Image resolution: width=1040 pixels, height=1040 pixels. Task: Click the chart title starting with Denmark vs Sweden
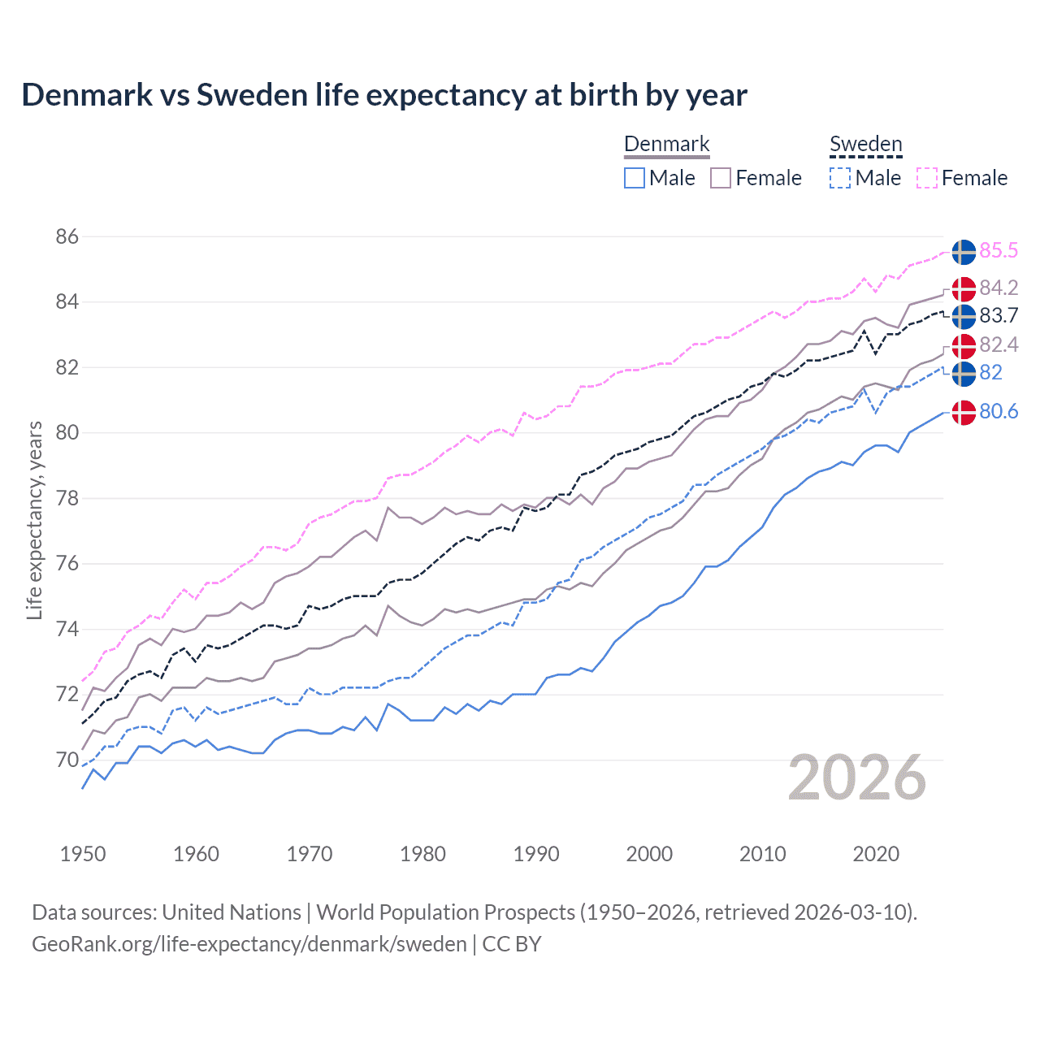coord(383,95)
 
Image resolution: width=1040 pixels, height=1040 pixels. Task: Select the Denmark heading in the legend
coord(666,144)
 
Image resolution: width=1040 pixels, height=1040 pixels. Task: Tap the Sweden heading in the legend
coord(865,144)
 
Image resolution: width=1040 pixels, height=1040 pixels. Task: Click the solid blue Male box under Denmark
coord(635,178)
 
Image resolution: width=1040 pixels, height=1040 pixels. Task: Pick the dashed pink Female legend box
coord(927,178)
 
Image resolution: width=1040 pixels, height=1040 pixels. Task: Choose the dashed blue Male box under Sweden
coord(840,178)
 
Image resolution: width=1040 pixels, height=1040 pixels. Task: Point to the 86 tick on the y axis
coord(67,236)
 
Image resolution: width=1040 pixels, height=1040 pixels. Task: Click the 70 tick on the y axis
coord(67,760)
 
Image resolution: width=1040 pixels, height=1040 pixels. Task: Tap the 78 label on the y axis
coord(67,498)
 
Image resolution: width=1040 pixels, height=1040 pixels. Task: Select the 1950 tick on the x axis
coord(83,854)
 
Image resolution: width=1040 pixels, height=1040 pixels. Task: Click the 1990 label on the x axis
coord(536,854)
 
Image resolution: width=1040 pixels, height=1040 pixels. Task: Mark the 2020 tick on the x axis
coord(876,854)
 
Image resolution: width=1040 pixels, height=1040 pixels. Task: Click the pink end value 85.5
coord(998,251)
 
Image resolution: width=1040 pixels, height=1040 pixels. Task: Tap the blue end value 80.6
coord(998,412)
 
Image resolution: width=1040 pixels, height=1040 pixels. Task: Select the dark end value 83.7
coord(998,315)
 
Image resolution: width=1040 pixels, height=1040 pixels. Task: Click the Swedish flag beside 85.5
coord(964,252)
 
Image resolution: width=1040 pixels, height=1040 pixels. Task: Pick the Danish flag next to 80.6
coord(964,413)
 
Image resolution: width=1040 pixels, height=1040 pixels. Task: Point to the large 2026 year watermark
coord(856,778)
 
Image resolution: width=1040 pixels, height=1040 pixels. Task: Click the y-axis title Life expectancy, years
coord(34,520)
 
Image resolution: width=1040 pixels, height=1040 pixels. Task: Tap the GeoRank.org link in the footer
coord(249,944)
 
